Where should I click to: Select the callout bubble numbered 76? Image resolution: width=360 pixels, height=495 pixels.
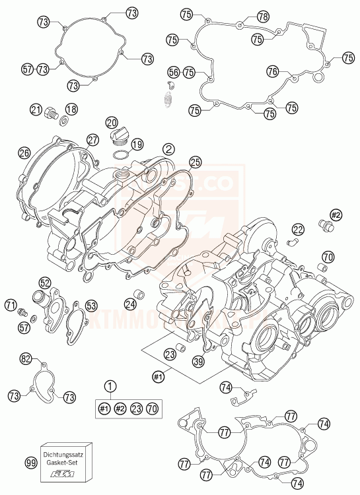click(x=273, y=71)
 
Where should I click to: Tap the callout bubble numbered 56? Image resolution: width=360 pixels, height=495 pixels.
click(x=173, y=72)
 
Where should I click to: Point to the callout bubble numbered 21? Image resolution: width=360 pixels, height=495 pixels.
click(x=36, y=110)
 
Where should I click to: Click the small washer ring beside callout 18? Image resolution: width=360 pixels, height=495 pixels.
click(x=63, y=121)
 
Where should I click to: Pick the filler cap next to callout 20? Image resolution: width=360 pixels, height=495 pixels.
click(x=118, y=137)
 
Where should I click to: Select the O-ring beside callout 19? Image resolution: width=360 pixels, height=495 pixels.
click(x=120, y=154)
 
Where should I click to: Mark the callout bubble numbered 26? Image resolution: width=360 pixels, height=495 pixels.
click(x=24, y=153)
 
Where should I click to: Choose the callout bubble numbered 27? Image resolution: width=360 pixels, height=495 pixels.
click(x=92, y=140)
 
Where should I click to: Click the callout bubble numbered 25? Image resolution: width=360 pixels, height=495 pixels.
click(x=194, y=161)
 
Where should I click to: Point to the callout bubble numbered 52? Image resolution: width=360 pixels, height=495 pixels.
click(x=45, y=282)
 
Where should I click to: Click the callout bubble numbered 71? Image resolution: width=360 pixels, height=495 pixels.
click(x=10, y=305)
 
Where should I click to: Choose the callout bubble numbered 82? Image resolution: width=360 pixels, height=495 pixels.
click(x=26, y=359)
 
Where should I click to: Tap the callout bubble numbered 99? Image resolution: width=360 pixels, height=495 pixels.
click(x=30, y=464)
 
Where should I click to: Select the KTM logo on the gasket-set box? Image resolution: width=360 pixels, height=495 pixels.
click(x=66, y=475)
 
